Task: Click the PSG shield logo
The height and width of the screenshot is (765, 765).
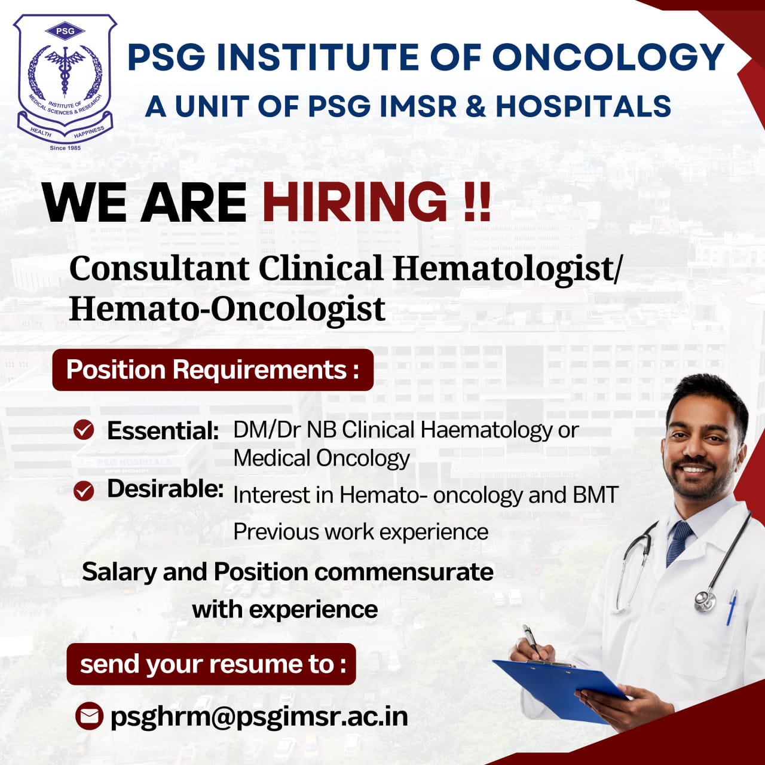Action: [x=65, y=78]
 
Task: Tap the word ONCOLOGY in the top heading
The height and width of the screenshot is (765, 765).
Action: [x=608, y=57]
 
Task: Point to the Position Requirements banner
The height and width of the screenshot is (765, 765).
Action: [x=213, y=369]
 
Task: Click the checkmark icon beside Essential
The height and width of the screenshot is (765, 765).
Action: [x=84, y=430]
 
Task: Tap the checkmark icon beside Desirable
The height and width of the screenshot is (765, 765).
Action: [x=84, y=491]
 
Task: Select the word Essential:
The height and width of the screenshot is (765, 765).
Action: [x=163, y=430]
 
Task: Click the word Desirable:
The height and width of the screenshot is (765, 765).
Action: [x=165, y=489]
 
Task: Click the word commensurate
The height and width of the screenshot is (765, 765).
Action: [x=404, y=572]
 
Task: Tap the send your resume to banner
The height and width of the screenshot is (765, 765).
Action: [x=211, y=664]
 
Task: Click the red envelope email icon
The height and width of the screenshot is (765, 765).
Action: [x=89, y=716]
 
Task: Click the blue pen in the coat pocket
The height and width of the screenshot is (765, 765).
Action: [x=731, y=608]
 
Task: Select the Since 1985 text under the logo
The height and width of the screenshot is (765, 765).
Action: [x=65, y=148]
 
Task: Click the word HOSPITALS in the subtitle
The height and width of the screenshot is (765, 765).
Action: [x=583, y=106]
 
